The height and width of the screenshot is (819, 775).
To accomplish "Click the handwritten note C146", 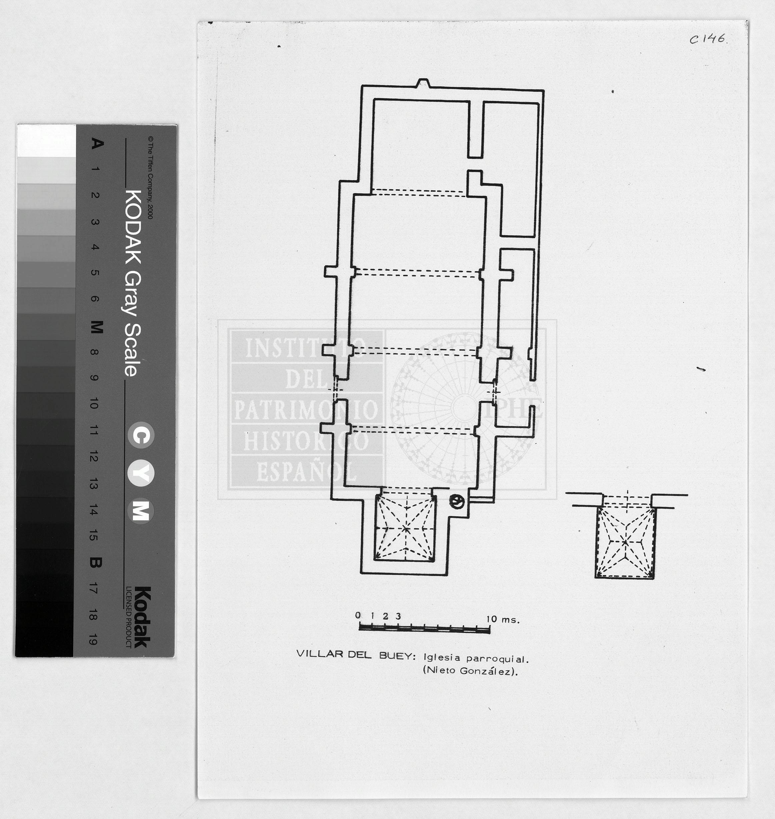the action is tap(708, 39).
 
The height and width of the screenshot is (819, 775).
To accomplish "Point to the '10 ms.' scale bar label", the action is tap(503, 619).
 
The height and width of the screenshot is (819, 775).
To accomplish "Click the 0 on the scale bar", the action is tap(358, 615).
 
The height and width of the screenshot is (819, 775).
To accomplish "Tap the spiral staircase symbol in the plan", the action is tap(457, 502).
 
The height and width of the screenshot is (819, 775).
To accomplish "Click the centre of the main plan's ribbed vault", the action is tap(405, 528).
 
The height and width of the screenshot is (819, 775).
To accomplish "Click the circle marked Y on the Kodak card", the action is tap(141, 474).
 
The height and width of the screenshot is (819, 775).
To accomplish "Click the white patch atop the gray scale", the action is tap(46, 141).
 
